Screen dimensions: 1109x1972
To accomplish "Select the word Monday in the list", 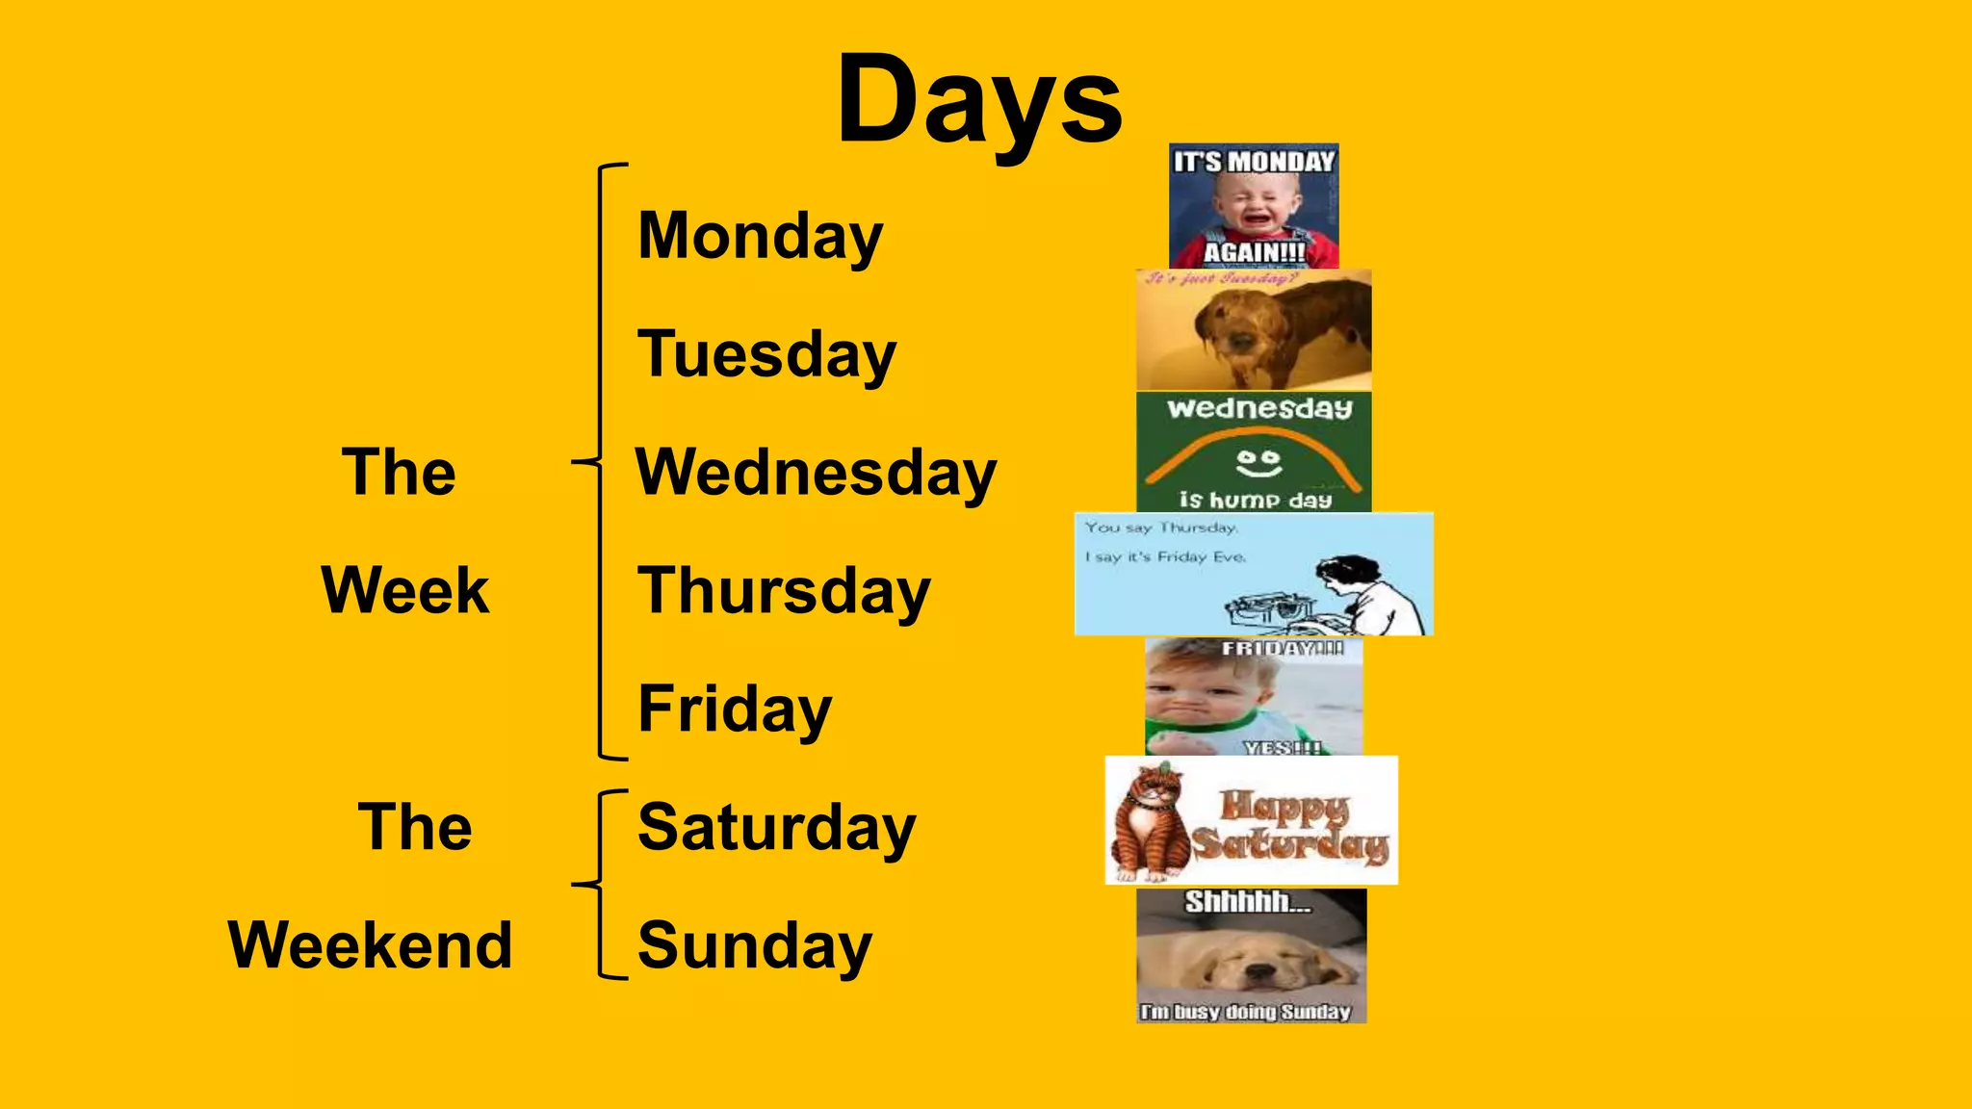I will [x=760, y=237].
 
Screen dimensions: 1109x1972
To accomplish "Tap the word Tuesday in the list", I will [x=766, y=355].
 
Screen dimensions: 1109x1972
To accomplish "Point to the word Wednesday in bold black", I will [x=816, y=474].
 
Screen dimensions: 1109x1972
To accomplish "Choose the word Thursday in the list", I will [x=784, y=591].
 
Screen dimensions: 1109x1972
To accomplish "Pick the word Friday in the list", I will [x=735, y=709].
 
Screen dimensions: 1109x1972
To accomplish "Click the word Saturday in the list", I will [x=776, y=828].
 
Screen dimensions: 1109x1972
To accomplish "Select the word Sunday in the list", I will [x=754, y=946].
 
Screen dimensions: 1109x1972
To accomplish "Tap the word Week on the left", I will [x=404, y=590].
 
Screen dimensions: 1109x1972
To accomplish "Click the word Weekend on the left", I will [x=370, y=945].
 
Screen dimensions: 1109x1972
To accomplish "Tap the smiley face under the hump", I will [x=1258, y=463].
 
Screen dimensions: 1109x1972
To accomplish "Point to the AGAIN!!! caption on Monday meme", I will [x=1254, y=252].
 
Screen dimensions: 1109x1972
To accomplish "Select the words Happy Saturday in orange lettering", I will [x=1290, y=826].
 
